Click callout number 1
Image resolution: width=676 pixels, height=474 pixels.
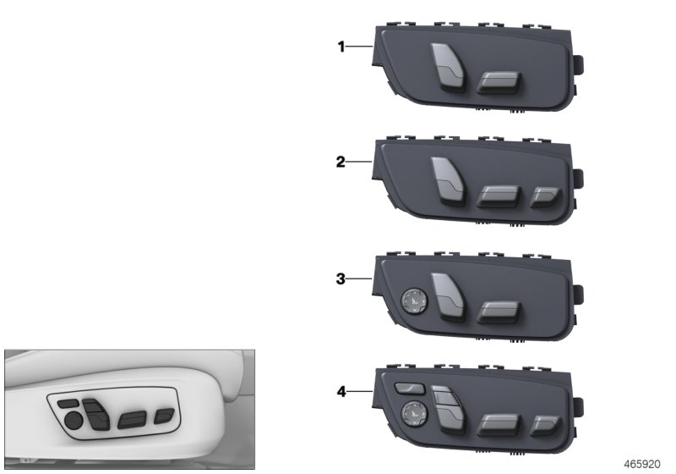click(342, 47)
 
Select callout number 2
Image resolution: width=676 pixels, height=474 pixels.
click(341, 162)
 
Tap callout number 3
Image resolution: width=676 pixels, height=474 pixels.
click(341, 277)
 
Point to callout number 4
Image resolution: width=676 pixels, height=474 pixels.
click(341, 391)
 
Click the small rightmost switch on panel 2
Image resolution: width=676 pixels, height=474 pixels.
click(541, 198)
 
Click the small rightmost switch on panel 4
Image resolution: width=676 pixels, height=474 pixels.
click(541, 427)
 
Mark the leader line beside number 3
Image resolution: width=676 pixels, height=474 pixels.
click(359, 277)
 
